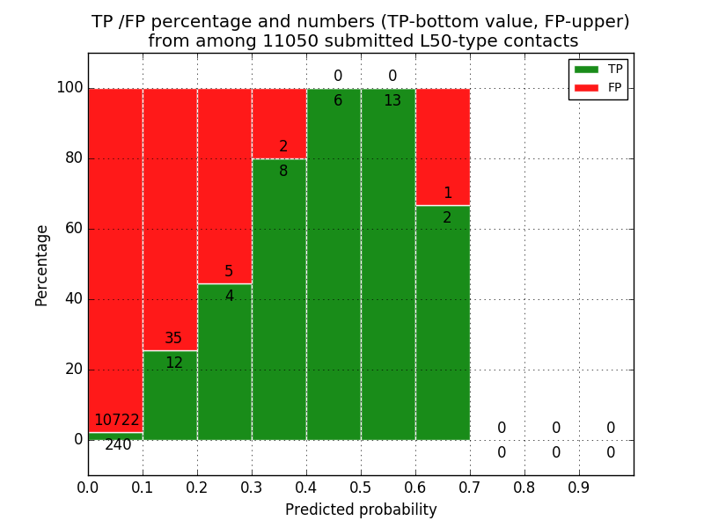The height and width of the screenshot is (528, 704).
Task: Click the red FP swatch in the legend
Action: pos(585,87)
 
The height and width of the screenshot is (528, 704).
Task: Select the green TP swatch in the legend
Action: pos(585,69)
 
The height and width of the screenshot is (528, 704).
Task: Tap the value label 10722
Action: pos(117,421)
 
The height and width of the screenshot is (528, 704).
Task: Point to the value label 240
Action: pos(118,445)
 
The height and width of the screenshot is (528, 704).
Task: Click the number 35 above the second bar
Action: pos(173,339)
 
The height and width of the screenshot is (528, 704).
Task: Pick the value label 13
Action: pos(392,101)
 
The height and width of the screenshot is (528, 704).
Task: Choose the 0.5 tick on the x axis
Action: pos(361,486)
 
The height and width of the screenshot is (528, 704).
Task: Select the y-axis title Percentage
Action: pos(42,265)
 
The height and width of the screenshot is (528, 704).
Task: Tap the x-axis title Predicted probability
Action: pos(361,510)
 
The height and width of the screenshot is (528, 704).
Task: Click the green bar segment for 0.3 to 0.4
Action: pos(279,299)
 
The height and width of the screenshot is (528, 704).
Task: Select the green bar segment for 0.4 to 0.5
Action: pos(334,264)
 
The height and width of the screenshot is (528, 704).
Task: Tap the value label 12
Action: pos(174,363)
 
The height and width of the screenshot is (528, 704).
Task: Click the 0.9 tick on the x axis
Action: pos(579,486)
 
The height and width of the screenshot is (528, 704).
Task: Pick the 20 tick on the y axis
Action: pos(73,370)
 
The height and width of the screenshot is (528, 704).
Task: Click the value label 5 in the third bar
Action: pos(229,272)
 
